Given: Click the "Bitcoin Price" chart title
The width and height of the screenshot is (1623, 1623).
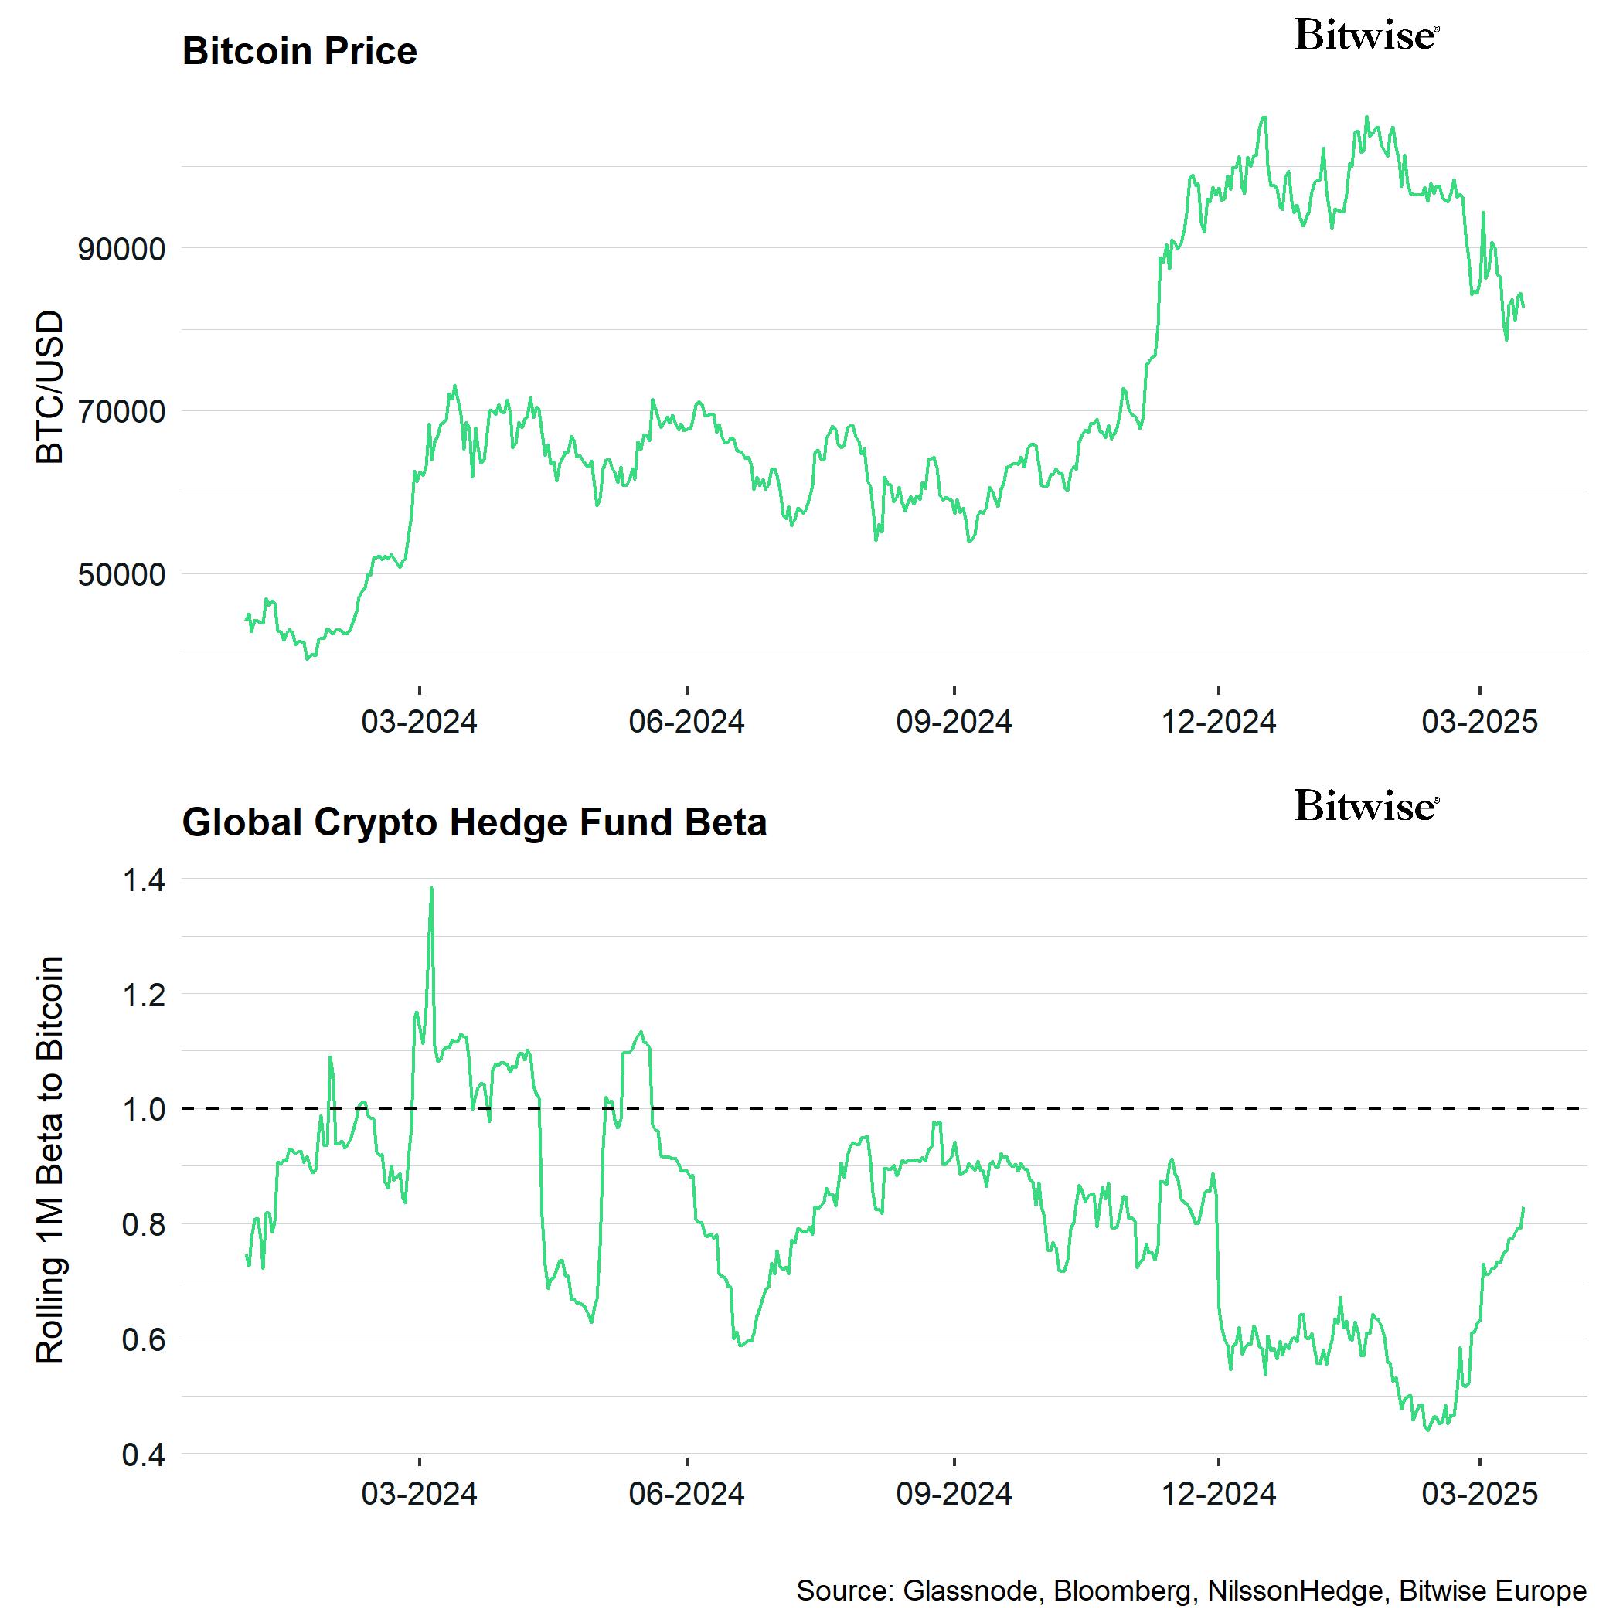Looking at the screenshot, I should (299, 51).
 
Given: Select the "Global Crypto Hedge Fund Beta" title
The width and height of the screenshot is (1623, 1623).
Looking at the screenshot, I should (474, 822).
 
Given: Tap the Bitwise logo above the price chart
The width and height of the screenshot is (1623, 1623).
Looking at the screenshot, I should (1366, 36).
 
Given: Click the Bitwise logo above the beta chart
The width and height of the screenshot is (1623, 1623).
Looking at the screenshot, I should (1366, 805).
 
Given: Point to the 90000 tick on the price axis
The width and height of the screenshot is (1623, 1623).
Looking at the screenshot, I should (122, 250).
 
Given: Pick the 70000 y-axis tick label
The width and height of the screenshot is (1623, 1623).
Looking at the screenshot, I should (122, 413).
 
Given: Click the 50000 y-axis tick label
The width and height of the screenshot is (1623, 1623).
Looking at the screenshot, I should (122, 576).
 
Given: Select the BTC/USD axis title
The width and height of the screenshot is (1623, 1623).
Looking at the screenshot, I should (50, 386).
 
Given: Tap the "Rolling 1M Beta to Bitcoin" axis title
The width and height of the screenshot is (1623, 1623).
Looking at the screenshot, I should (50, 1161).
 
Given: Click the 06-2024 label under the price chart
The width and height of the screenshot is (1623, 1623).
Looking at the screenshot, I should (686, 722).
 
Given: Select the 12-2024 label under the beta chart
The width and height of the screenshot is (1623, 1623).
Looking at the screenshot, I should (1218, 1493).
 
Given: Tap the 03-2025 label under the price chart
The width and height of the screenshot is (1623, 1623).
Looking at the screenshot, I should (1478, 722).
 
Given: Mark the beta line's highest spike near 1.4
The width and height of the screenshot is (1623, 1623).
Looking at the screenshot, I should (431, 889).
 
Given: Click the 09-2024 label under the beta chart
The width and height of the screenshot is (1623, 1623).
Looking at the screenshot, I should (954, 1493).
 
